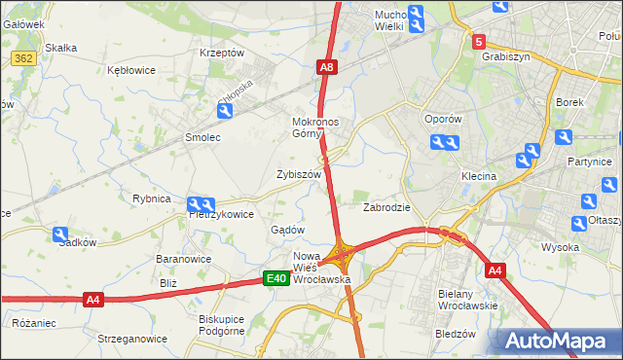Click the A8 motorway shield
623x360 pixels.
pos(327,67)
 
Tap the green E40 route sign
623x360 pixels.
pos(276,279)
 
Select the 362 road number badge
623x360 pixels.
pos(25,59)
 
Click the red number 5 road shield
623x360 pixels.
pos(478,42)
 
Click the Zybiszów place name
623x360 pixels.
pos(298,174)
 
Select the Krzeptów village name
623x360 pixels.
pos(221,53)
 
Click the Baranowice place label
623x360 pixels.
pos(185,260)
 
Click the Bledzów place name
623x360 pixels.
pos(455,333)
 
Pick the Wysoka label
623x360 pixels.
pos(561,247)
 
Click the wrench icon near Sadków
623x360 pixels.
pos(61,234)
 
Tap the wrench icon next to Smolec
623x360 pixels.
pos(225,113)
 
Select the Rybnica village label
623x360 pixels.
pos(151,198)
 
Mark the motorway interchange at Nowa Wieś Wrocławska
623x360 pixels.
pos(341,255)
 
